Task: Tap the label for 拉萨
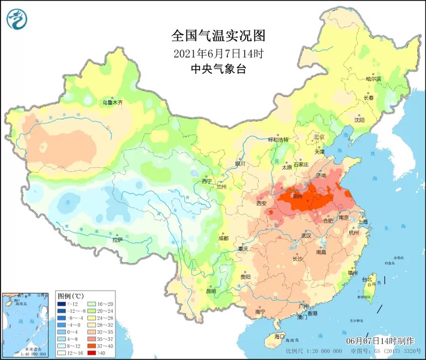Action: tap(116, 240)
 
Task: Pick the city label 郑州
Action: tap(297, 196)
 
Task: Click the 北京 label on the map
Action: tap(319, 137)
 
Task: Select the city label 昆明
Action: tap(211, 291)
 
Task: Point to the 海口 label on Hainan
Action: tap(278, 336)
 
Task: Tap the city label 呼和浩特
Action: tap(278, 140)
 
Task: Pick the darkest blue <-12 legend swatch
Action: tap(61, 304)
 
